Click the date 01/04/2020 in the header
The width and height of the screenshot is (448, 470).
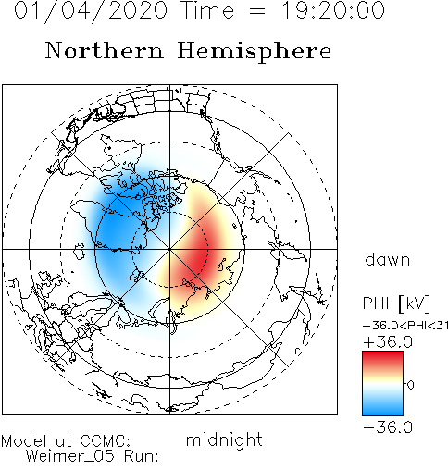coord(91,10)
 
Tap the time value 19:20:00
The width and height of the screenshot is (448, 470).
coord(333,10)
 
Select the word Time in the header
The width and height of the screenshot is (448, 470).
coord(208,10)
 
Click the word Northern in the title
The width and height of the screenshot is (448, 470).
coord(104,50)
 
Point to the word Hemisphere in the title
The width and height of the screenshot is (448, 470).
coord(255,52)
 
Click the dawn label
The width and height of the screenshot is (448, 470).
coord(388,260)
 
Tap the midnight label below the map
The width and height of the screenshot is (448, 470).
coord(224,439)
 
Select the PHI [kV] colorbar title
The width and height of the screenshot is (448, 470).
coord(396,303)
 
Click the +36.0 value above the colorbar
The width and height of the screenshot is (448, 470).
coord(388,342)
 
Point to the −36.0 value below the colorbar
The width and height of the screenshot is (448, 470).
coord(388,427)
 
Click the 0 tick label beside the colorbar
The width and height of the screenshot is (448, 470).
coord(410,385)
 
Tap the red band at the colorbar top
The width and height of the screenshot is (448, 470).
coord(382,358)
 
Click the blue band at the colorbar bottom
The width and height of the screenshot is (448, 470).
coord(382,409)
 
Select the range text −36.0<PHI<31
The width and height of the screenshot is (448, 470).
coord(405,326)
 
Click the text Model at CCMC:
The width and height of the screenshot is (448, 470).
coord(66,441)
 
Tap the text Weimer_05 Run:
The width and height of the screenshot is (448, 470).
coord(92,456)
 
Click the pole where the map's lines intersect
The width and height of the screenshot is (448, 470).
coord(169,249)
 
